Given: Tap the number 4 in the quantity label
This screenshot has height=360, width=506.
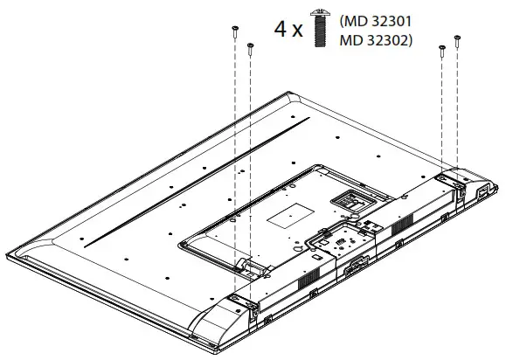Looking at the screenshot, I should pyautogui.click(x=281, y=29).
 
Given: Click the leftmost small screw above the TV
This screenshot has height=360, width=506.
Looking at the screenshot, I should pyautogui.click(x=235, y=33).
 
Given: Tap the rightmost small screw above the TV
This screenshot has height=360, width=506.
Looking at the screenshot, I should pyautogui.click(x=456, y=42).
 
